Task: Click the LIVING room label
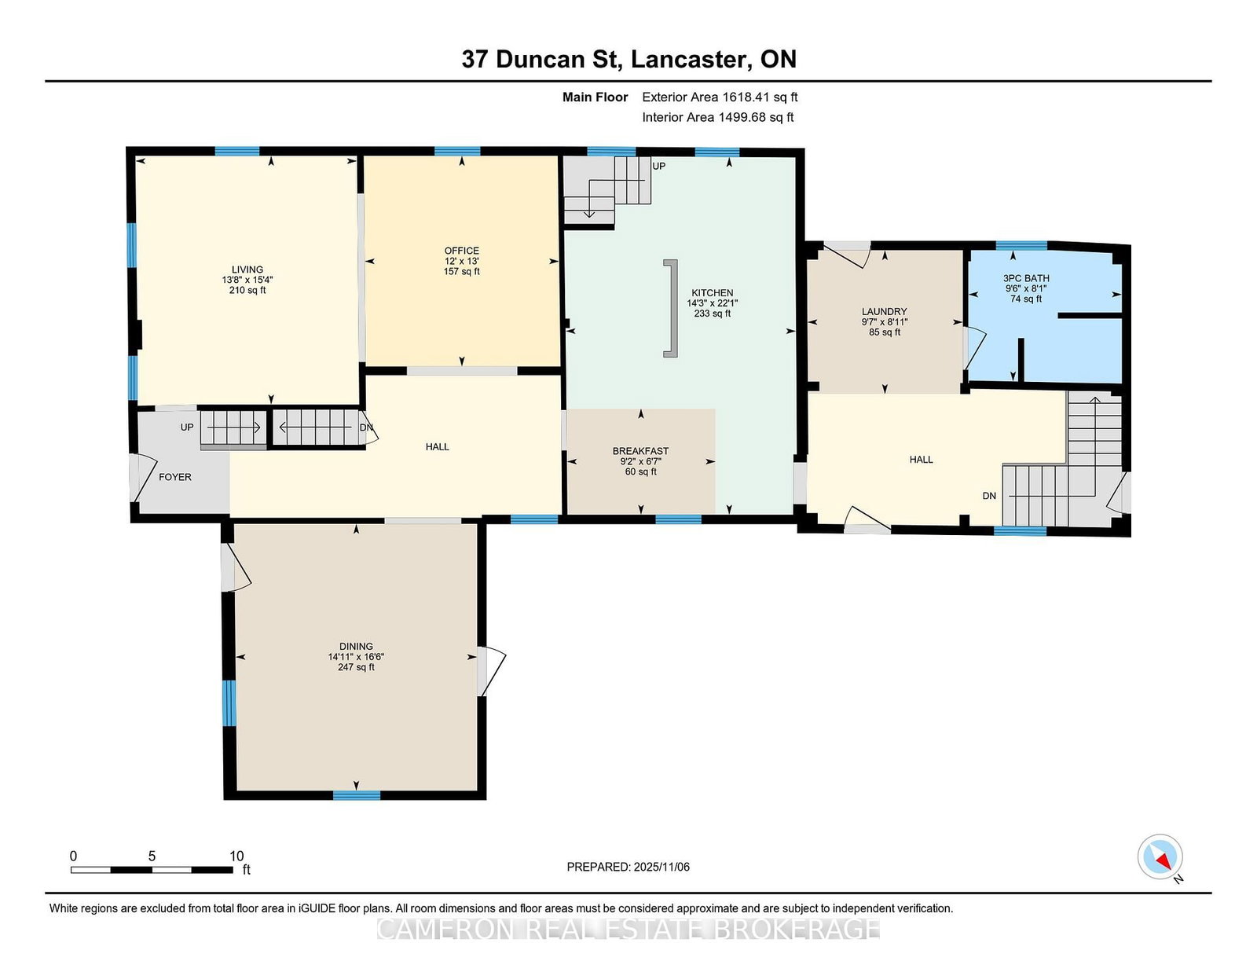pos(247,270)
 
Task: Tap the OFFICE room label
pos(462,251)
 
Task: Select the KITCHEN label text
pos(712,293)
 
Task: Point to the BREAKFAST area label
pos(640,451)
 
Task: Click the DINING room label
pos(356,646)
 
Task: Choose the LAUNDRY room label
pos(884,311)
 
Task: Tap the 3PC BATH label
pos(1026,278)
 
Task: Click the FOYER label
pos(174,477)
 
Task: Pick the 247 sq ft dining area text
pos(356,667)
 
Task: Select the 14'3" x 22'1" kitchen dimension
pos(712,303)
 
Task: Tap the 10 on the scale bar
pos(236,856)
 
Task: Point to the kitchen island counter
pos(670,308)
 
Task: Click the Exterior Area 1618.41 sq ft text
pos(720,97)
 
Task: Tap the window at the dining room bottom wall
pos(357,795)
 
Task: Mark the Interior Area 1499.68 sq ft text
pos(718,117)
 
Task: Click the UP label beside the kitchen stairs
pos(659,166)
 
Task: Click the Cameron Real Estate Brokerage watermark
pos(628,929)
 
